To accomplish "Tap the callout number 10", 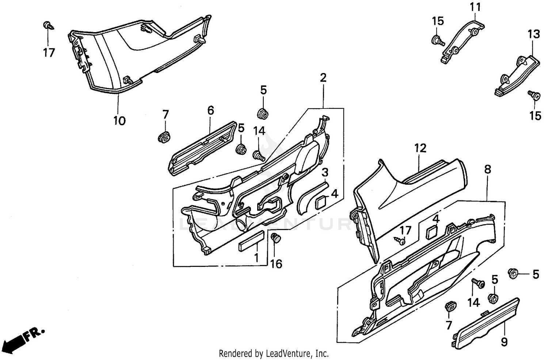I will (x=119, y=120).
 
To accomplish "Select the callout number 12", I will (x=420, y=148).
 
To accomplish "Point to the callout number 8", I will (x=487, y=169).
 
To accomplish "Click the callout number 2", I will (x=323, y=77).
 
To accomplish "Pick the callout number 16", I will (x=276, y=263).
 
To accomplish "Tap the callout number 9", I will (x=504, y=342).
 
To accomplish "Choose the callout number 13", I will (x=533, y=34).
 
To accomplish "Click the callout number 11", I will (x=475, y=7).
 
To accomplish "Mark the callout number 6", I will (x=211, y=110).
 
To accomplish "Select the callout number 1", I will (x=256, y=258).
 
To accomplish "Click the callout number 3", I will (x=325, y=172).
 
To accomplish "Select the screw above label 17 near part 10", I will (x=47, y=26).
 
